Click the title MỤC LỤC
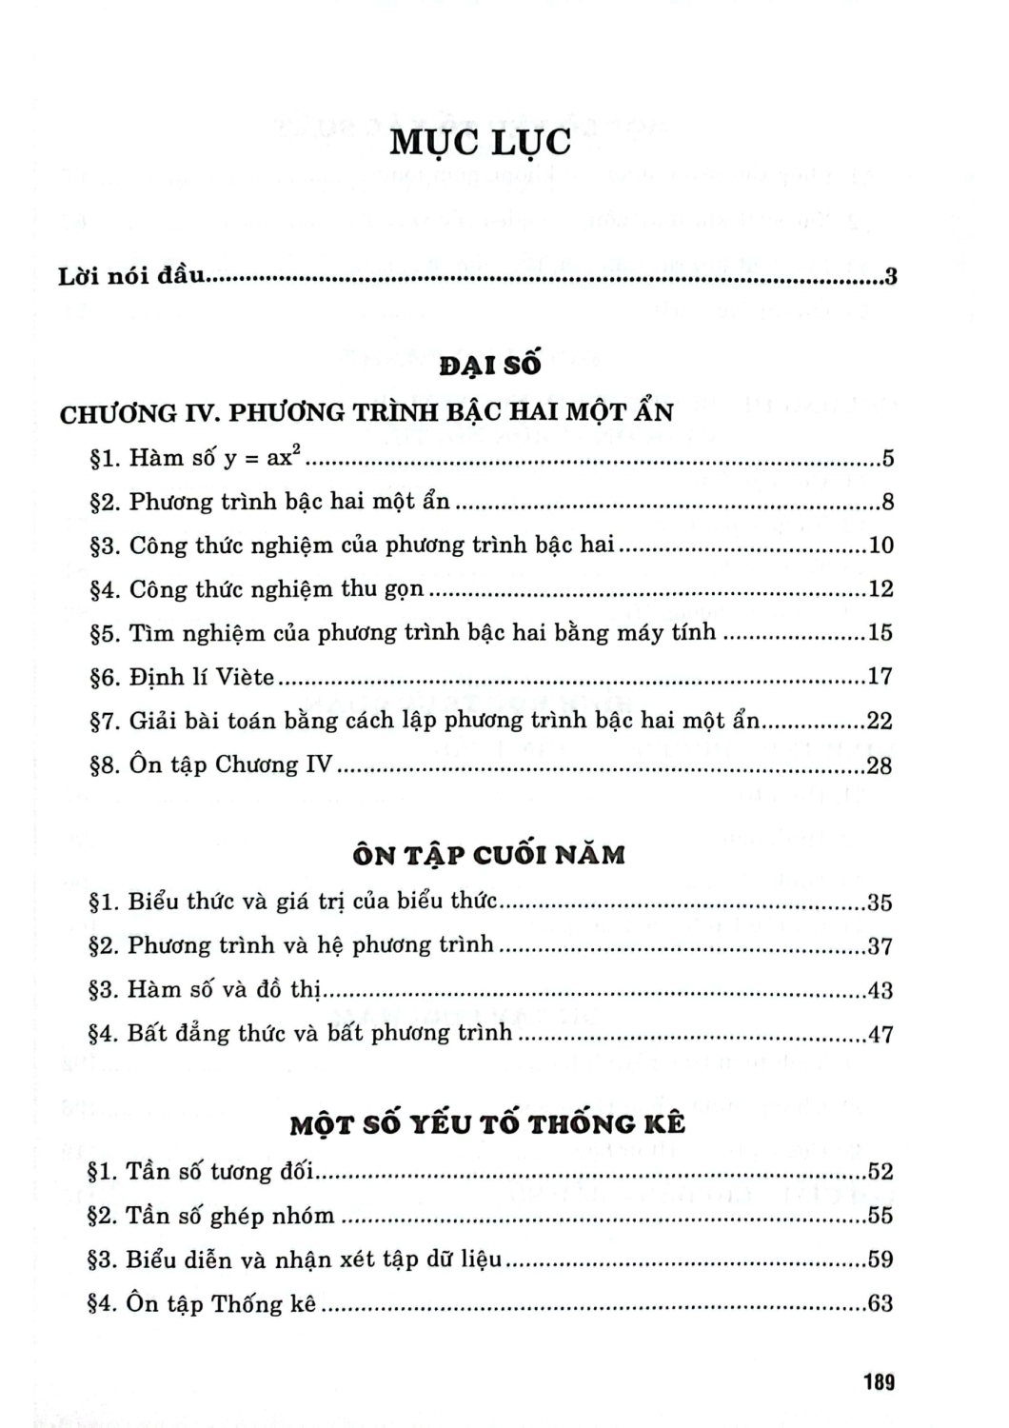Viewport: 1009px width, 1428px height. (x=481, y=141)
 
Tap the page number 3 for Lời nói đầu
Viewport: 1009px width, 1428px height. (x=891, y=278)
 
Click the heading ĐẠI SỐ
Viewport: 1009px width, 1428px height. (x=490, y=365)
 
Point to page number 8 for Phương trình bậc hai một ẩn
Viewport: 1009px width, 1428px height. (x=887, y=502)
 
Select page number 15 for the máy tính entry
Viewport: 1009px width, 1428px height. (x=880, y=633)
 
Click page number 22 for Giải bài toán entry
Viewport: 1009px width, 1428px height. (x=880, y=721)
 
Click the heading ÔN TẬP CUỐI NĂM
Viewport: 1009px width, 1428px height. (x=488, y=855)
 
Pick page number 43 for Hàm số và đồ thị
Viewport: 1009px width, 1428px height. (x=880, y=990)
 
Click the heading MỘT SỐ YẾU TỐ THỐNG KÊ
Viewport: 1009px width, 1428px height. (x=487, y=1124)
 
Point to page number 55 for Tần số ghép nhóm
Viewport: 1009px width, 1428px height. (x=880, y=1216)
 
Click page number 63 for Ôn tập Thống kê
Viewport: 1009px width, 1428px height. (x=880, y=1303)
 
